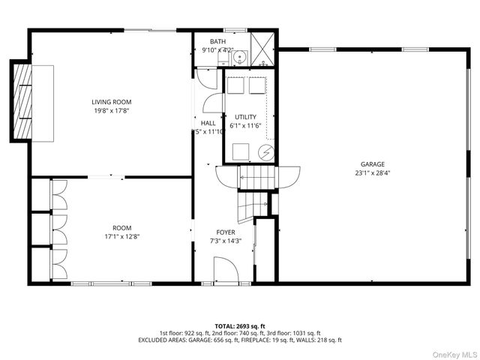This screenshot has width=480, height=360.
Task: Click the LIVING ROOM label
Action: [x=112, y=102]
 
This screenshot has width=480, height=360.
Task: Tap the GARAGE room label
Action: [x=372, y=164]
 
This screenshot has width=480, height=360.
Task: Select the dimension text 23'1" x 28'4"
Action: [x=372, y=173]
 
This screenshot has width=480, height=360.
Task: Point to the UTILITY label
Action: [x=245, y=117]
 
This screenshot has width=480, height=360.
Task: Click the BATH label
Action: [x=217, y=42]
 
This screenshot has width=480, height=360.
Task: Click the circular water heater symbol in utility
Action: [x=265, y=152]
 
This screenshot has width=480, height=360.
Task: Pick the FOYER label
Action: [x=224, y=232]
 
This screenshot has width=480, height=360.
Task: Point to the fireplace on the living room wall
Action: [x=21, y=100]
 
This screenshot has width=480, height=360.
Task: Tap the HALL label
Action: [x=208, y=123]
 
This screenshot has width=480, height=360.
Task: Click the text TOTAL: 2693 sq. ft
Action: [x=239, y=325]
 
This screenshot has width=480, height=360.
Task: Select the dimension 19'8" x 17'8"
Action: [x=112, y=111]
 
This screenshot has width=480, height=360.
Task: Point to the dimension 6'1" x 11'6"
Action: [x=245, y=126]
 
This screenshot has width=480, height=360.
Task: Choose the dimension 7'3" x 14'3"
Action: [x=224, y=241]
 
